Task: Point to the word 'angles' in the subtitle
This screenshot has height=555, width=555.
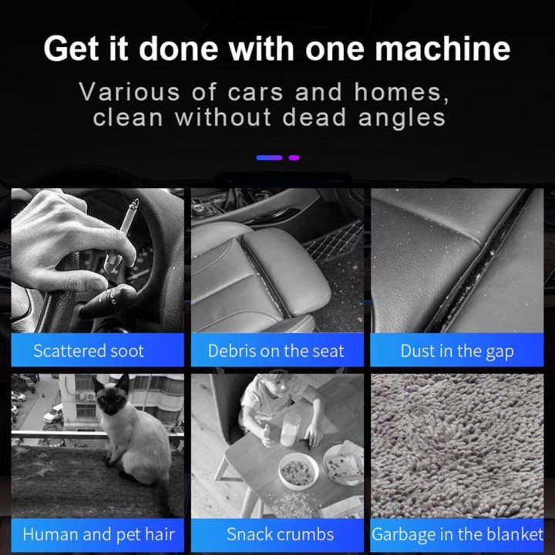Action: coord(402,118)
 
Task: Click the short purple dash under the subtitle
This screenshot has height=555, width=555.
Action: coord(294,157)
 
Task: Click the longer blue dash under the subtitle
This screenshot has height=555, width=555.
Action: coord(269,157)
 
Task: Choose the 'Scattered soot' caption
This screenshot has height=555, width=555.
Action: coord(89,351)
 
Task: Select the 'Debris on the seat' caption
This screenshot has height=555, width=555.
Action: coord(276,351)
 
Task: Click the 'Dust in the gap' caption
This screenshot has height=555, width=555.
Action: coord(457,351)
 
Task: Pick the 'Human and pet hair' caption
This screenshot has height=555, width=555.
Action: coord(99,534)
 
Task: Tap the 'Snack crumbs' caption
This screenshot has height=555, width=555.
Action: coord(280,534)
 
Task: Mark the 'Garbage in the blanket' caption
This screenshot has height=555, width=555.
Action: coord(457,534)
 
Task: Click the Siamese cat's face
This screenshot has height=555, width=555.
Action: coord(112,397)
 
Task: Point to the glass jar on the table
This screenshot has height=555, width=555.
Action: coord(291,429)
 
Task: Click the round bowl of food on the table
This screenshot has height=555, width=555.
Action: coord(298,472)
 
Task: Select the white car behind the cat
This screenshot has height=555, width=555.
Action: coord(53,414)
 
